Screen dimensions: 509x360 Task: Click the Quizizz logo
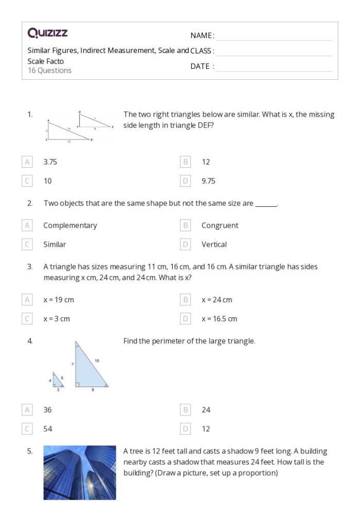47,34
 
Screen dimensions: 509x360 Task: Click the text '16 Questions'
49,70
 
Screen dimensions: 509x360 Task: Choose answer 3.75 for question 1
50,162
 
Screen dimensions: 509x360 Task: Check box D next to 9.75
186,181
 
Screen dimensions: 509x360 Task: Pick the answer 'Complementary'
70,225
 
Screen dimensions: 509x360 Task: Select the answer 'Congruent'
220,225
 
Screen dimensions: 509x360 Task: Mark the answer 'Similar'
55,244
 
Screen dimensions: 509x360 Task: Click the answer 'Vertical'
214,244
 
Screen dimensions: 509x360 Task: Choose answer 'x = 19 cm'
62,300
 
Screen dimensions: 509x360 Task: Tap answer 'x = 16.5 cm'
219,319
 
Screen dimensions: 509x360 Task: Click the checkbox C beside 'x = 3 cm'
27,319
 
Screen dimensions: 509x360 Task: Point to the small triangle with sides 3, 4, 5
58,381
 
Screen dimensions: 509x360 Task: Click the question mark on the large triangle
73,364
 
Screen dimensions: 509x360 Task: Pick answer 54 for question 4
48,429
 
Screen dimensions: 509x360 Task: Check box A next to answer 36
27,410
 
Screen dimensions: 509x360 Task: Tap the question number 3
30,267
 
